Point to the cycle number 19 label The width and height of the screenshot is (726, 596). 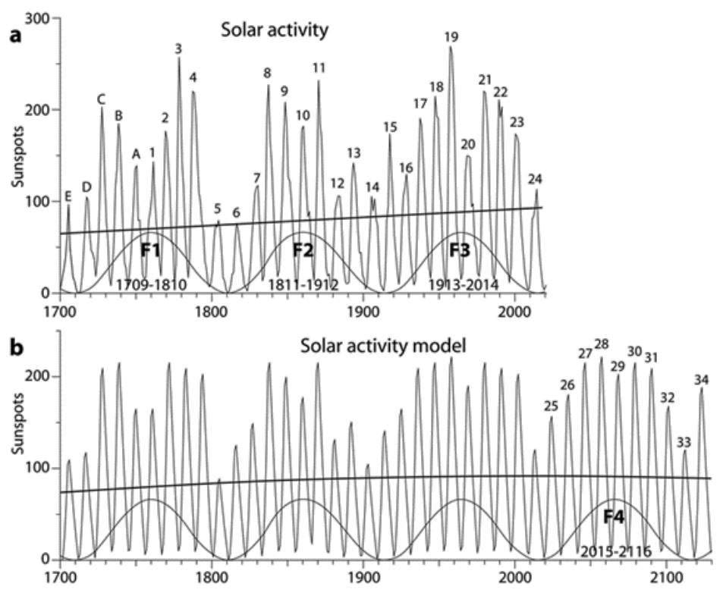[x=451, y=36]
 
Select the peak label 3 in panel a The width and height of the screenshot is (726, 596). [x=178, y=49]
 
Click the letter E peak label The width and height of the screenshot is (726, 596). [x=68, y=197]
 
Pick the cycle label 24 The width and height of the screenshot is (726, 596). [x=535, y=179]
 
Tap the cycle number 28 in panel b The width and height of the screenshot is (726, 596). [x=602, y=344]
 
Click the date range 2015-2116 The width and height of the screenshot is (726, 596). [x=614, y=551]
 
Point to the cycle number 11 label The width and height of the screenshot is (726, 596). [x=319, y=67]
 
